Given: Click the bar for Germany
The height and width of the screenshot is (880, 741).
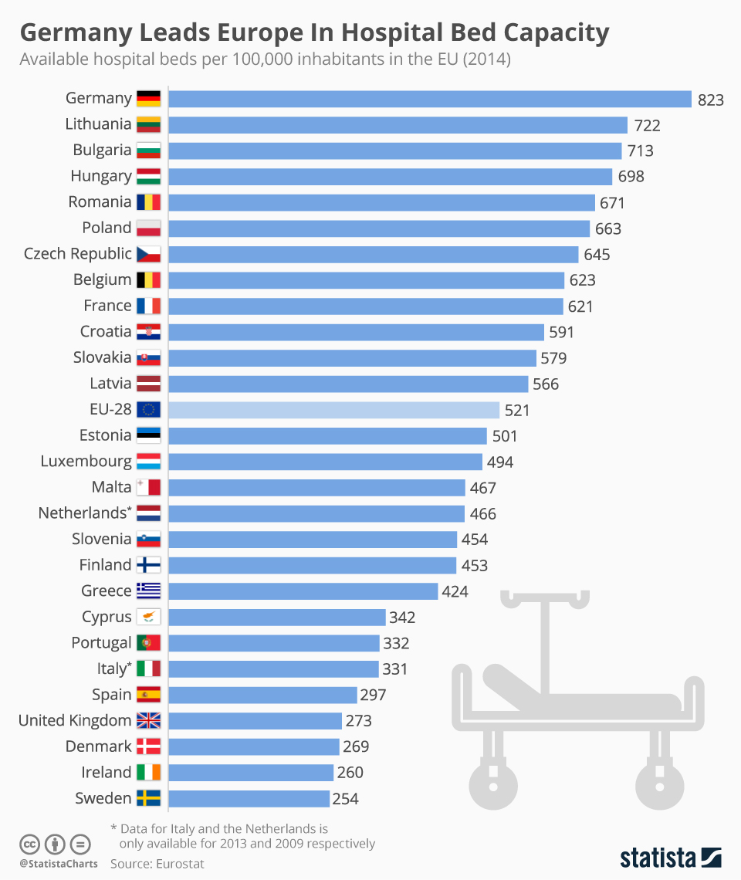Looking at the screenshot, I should (x=429, y=99).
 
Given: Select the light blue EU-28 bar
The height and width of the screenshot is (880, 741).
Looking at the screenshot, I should (x=333, y=410).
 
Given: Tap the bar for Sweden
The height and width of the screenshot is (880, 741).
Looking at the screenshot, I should (x=249, y=799).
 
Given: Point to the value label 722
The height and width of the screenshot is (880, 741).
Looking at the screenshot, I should (x=647, y=125).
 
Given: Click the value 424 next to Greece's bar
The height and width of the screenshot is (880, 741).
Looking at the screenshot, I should (x=455, y=592).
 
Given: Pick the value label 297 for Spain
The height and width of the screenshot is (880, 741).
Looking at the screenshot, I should (x=373, y=696).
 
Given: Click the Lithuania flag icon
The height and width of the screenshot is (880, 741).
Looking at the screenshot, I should (x=148, y=124).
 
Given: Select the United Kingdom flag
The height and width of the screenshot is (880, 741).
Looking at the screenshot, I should (x=148, y=721).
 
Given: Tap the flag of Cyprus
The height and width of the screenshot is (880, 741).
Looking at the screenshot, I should (x=148, y=618).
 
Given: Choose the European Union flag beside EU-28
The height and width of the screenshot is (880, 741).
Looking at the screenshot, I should (x=148, y=410).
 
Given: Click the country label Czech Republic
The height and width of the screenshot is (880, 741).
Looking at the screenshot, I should (x=78, y=254).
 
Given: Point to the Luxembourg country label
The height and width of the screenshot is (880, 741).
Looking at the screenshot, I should (x=86, y=462).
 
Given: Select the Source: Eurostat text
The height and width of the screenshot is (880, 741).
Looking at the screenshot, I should (x=157, y=864).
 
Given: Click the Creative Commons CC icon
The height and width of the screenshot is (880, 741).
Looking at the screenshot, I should (x=29, y=843).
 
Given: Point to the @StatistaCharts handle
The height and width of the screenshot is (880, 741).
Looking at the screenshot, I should (x=59, y=864).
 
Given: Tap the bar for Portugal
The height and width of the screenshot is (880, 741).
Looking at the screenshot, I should (x=274, y=643).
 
